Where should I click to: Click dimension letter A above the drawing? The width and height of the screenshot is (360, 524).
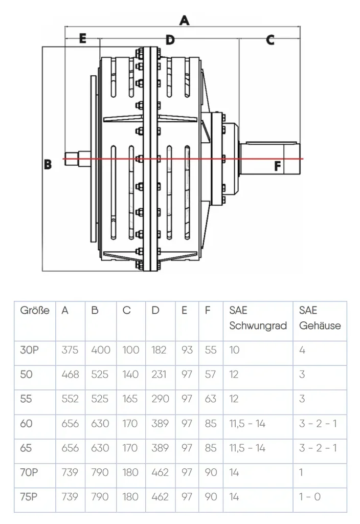coord(184,20)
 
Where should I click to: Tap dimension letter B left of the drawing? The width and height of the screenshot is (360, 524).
coord(48,165)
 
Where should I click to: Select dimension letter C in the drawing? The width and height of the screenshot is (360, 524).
coord(270,40)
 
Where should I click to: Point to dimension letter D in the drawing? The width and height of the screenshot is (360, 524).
coord(170,40)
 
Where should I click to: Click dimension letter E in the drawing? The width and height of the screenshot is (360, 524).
coord(82,39)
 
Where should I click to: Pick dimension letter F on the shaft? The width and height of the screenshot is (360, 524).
coord(277,166)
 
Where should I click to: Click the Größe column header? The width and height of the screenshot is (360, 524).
coord(35,311)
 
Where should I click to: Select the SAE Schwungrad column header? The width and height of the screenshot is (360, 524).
coord(258,318)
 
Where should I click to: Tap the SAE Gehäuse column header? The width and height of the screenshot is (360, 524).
coord(320,318)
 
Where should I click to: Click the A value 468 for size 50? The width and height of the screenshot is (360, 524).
coord(70,375)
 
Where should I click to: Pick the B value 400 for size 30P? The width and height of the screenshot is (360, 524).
coord(100,350)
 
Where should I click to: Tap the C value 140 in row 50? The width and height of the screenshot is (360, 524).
coord(130,375)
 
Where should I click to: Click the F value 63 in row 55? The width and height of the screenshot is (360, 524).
coord(210,399)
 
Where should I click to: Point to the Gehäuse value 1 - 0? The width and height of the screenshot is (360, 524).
coord(310,497)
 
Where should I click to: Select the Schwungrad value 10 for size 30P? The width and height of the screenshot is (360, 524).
coord(234,350)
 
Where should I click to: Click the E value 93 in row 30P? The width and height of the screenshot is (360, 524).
coord(187,350)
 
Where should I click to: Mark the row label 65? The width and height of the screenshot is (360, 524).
coord(26,448)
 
